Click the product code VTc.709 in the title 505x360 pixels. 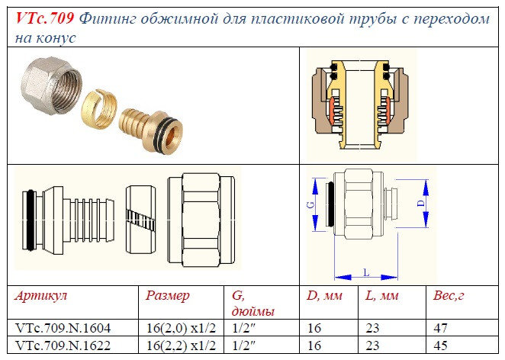coord(44,19)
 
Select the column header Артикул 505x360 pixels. coord(40,295)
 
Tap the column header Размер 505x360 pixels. coord(167,295)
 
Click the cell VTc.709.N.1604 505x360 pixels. coord(63,328)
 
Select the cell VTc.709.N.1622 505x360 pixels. coord(63,345)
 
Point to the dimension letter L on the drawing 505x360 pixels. coord(368,272)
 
